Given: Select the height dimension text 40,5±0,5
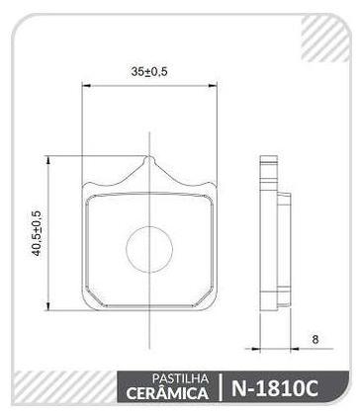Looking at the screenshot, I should point(38,233).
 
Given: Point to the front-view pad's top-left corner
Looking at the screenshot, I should point(87,188).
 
